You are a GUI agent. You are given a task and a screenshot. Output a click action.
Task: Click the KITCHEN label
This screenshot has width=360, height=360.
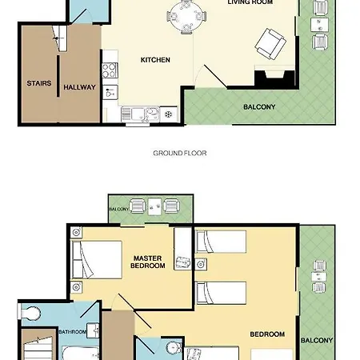click(x=154, y=60)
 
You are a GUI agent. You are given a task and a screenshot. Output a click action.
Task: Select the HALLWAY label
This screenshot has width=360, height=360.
click(x=79, y=87)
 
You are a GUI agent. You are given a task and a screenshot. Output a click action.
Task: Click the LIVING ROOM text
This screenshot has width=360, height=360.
click(x=250, y=2)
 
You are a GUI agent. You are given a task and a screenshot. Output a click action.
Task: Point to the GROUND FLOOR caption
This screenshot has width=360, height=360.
click(x=179, y=153)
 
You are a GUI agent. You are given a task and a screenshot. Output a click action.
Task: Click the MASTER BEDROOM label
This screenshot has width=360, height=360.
click(x=148, y=261)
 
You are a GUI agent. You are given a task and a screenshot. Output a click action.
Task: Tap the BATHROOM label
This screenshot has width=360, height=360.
click(x=71, y=331)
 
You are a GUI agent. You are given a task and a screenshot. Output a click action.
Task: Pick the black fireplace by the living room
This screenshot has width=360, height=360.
click(x=269, y=78)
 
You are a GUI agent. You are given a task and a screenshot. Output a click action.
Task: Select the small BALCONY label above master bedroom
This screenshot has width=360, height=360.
click(x=118, y=210)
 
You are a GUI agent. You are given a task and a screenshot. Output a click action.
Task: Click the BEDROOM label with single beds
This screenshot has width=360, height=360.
click(x=267, y=334)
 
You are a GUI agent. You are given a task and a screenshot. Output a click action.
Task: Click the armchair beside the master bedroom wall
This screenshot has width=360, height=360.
click(x=183, y=261)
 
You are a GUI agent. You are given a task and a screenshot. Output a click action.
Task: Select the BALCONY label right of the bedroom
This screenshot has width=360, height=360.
click(x=317, y=340)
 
